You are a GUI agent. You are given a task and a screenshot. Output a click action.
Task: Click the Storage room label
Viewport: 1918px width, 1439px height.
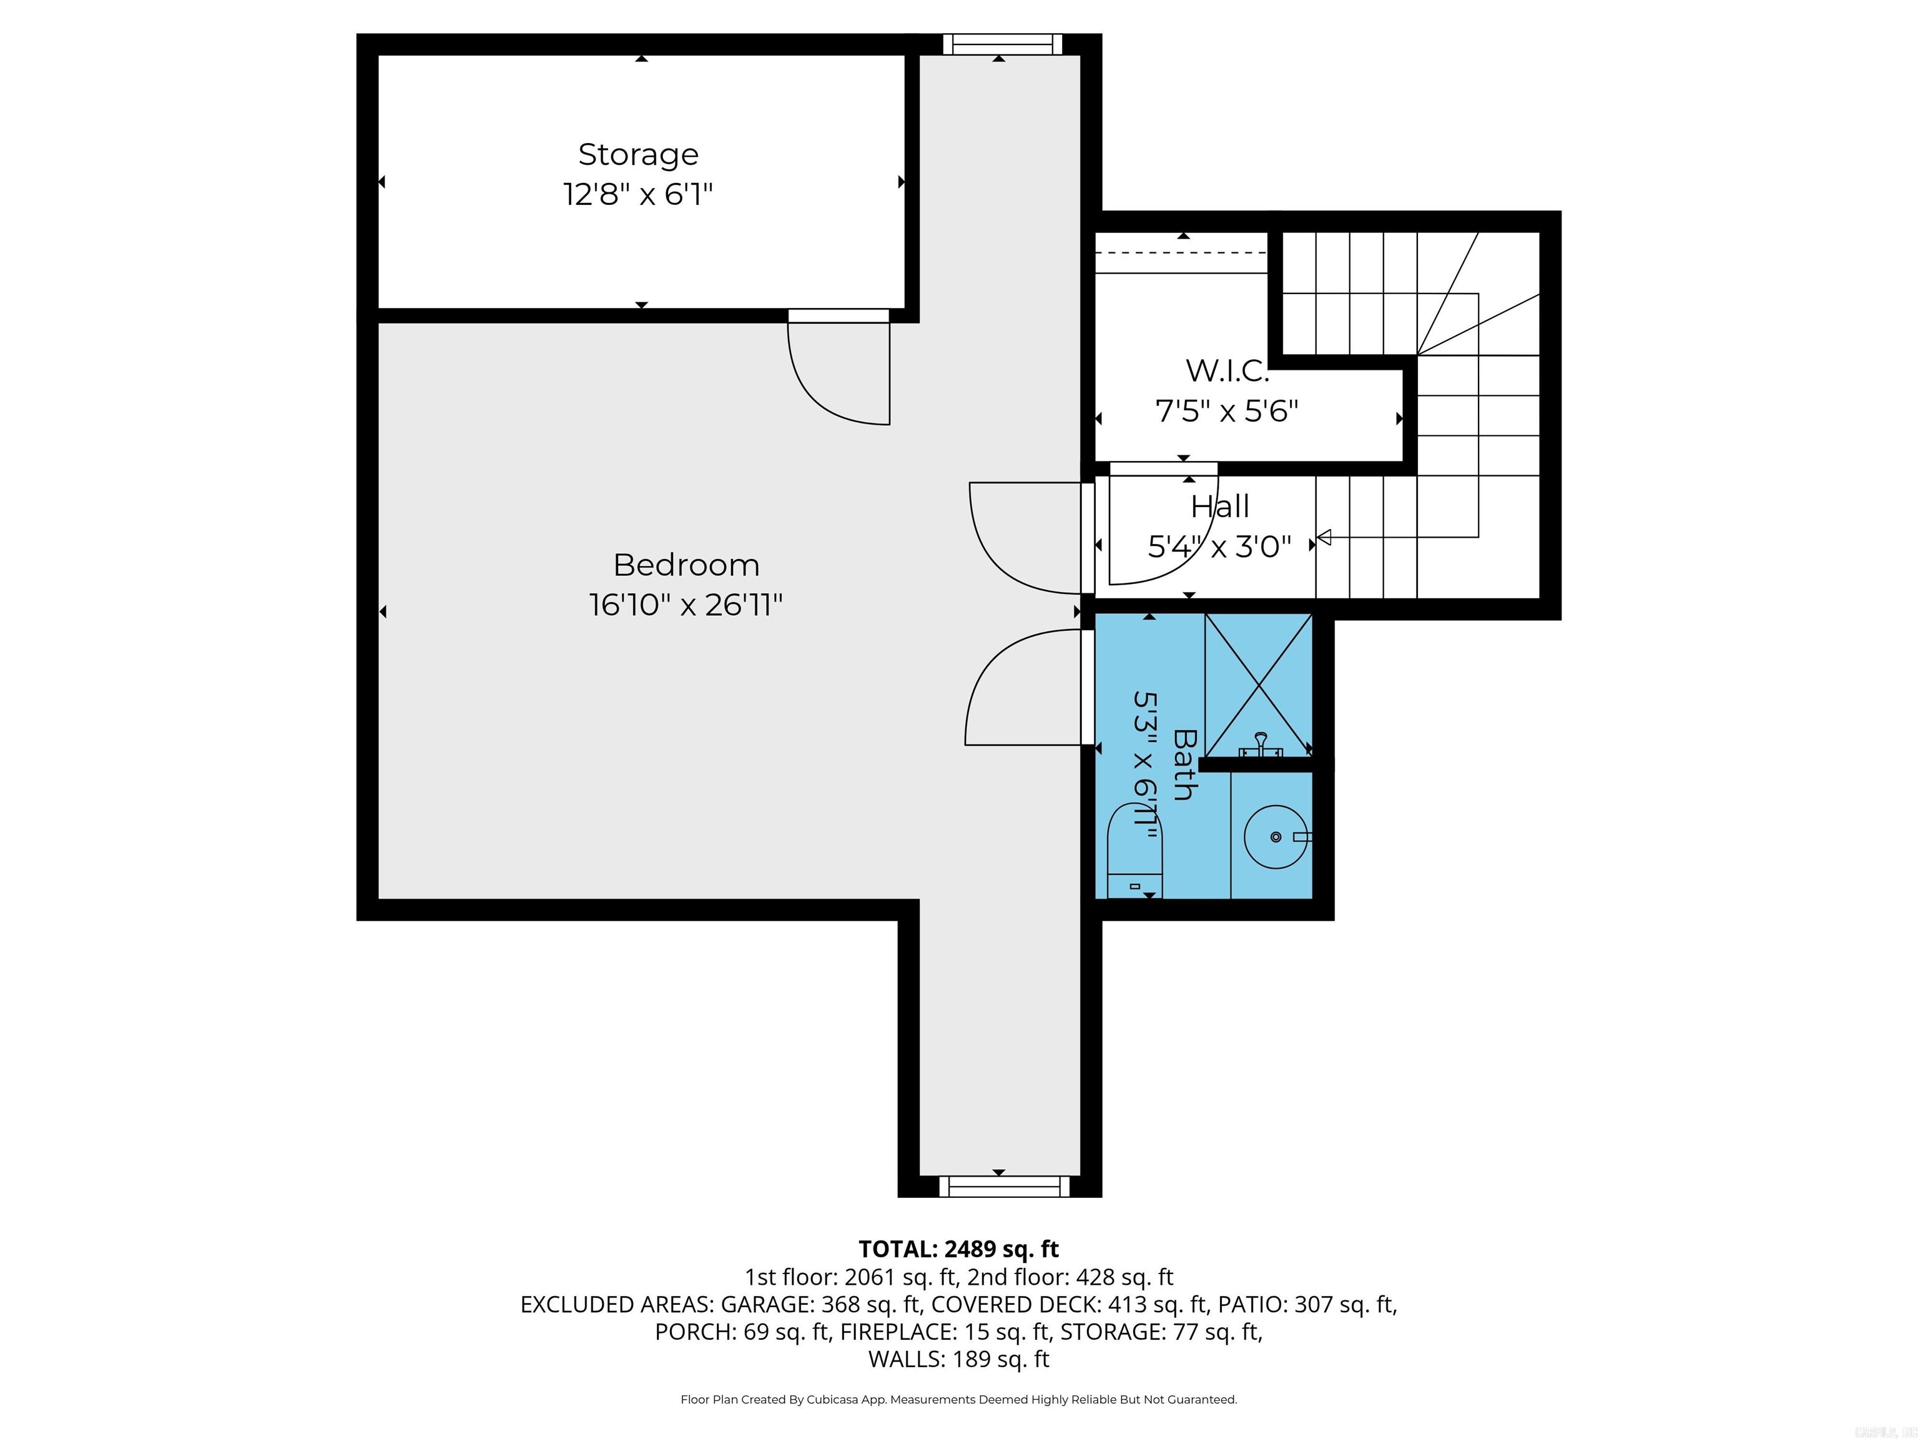click(x=638, y=154)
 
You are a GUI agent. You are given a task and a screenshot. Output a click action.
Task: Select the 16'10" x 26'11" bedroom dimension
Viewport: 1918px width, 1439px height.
click(x=686, y=605)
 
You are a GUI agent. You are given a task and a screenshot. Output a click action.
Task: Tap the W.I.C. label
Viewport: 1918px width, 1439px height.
click(x=1227, y=370)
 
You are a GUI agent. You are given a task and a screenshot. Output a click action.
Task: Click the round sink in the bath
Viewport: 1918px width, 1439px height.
click(x=1276, y=836)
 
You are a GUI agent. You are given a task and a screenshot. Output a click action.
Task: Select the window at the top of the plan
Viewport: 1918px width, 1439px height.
click(x=1002, y=44)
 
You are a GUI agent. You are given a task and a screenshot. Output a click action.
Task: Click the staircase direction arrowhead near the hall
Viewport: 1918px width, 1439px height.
click(x=1324, y=538)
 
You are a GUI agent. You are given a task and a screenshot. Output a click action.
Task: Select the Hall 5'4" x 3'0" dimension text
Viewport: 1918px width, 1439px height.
click(x=1219, y=546)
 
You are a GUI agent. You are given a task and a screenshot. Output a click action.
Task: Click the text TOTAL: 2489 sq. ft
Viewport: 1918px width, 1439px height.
click(x=958, y=1249)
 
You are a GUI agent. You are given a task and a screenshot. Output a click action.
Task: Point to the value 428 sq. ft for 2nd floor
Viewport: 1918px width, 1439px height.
click(x=1124, y=1277)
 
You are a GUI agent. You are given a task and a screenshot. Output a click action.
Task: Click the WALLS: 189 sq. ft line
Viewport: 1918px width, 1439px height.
click(x=958, y=1359)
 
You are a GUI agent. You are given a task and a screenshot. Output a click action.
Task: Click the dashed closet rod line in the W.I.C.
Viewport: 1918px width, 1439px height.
click(x=1181, y=252)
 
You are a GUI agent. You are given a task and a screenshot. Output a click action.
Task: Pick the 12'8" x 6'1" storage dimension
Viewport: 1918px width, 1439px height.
click(x=638, y=194)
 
